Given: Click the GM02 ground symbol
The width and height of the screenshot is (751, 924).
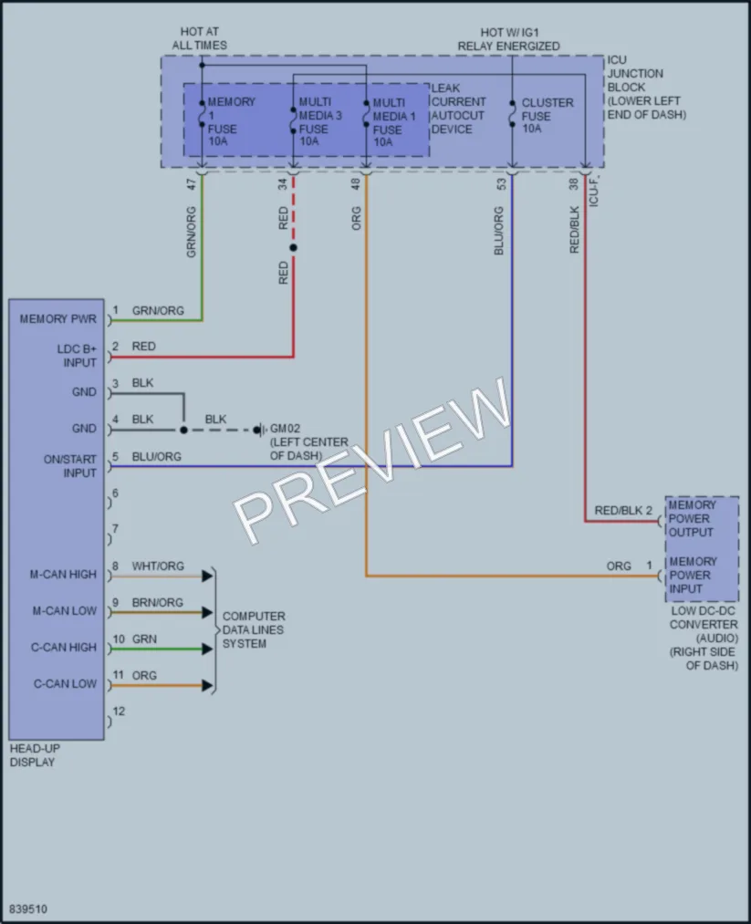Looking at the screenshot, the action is [259, 431].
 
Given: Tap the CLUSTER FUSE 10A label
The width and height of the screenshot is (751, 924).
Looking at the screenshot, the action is [547, 116].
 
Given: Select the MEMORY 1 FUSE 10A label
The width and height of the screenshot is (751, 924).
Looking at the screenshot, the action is [231, 121].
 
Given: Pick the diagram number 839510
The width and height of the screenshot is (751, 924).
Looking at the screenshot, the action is [28, 908].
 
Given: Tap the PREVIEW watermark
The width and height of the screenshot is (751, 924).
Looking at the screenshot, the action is [371, 461].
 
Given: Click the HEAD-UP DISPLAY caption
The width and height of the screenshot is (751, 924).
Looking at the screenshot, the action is [35, 755].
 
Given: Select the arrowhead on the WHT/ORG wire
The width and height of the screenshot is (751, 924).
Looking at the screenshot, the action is [207, 576].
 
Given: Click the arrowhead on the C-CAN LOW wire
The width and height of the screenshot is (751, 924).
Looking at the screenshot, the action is [207, 685].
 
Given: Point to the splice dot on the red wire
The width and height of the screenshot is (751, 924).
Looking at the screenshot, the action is [293, 247].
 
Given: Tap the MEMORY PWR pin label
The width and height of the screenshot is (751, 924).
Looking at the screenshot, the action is [57, 319].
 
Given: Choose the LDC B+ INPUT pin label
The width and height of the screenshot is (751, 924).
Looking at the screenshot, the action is [77, 356].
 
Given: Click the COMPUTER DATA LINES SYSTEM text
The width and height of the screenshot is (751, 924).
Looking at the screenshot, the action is [254, 630].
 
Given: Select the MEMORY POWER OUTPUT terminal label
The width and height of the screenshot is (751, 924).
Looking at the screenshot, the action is [692, 519].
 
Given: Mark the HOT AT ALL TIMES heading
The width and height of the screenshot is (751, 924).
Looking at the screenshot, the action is [199, 38].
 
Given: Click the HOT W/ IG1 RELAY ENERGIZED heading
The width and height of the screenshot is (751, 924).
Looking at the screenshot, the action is [508, 39].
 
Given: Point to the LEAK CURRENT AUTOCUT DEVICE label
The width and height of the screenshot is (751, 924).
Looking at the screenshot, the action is [458, 109].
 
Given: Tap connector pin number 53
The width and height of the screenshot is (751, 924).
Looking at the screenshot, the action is [501, 184].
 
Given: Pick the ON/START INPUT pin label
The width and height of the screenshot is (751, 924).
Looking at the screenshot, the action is [69, 465].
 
